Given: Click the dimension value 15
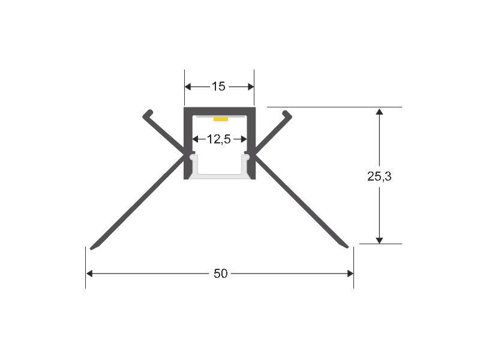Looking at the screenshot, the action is pos(218,86).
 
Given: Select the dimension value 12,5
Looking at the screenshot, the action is pos(218,139).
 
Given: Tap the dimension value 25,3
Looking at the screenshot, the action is pos(379,176).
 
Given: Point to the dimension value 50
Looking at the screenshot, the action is pos(220,274).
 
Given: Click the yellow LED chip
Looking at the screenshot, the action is pos(221,119).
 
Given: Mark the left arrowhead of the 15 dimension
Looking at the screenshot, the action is pos(188,86).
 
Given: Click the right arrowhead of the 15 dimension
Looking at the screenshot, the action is pos(251,86).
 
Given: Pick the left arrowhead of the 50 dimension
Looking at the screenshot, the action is pos(89,274).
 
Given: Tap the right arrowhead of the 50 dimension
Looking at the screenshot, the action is pos(350,274).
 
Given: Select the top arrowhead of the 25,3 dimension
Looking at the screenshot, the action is pos(379,111).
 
